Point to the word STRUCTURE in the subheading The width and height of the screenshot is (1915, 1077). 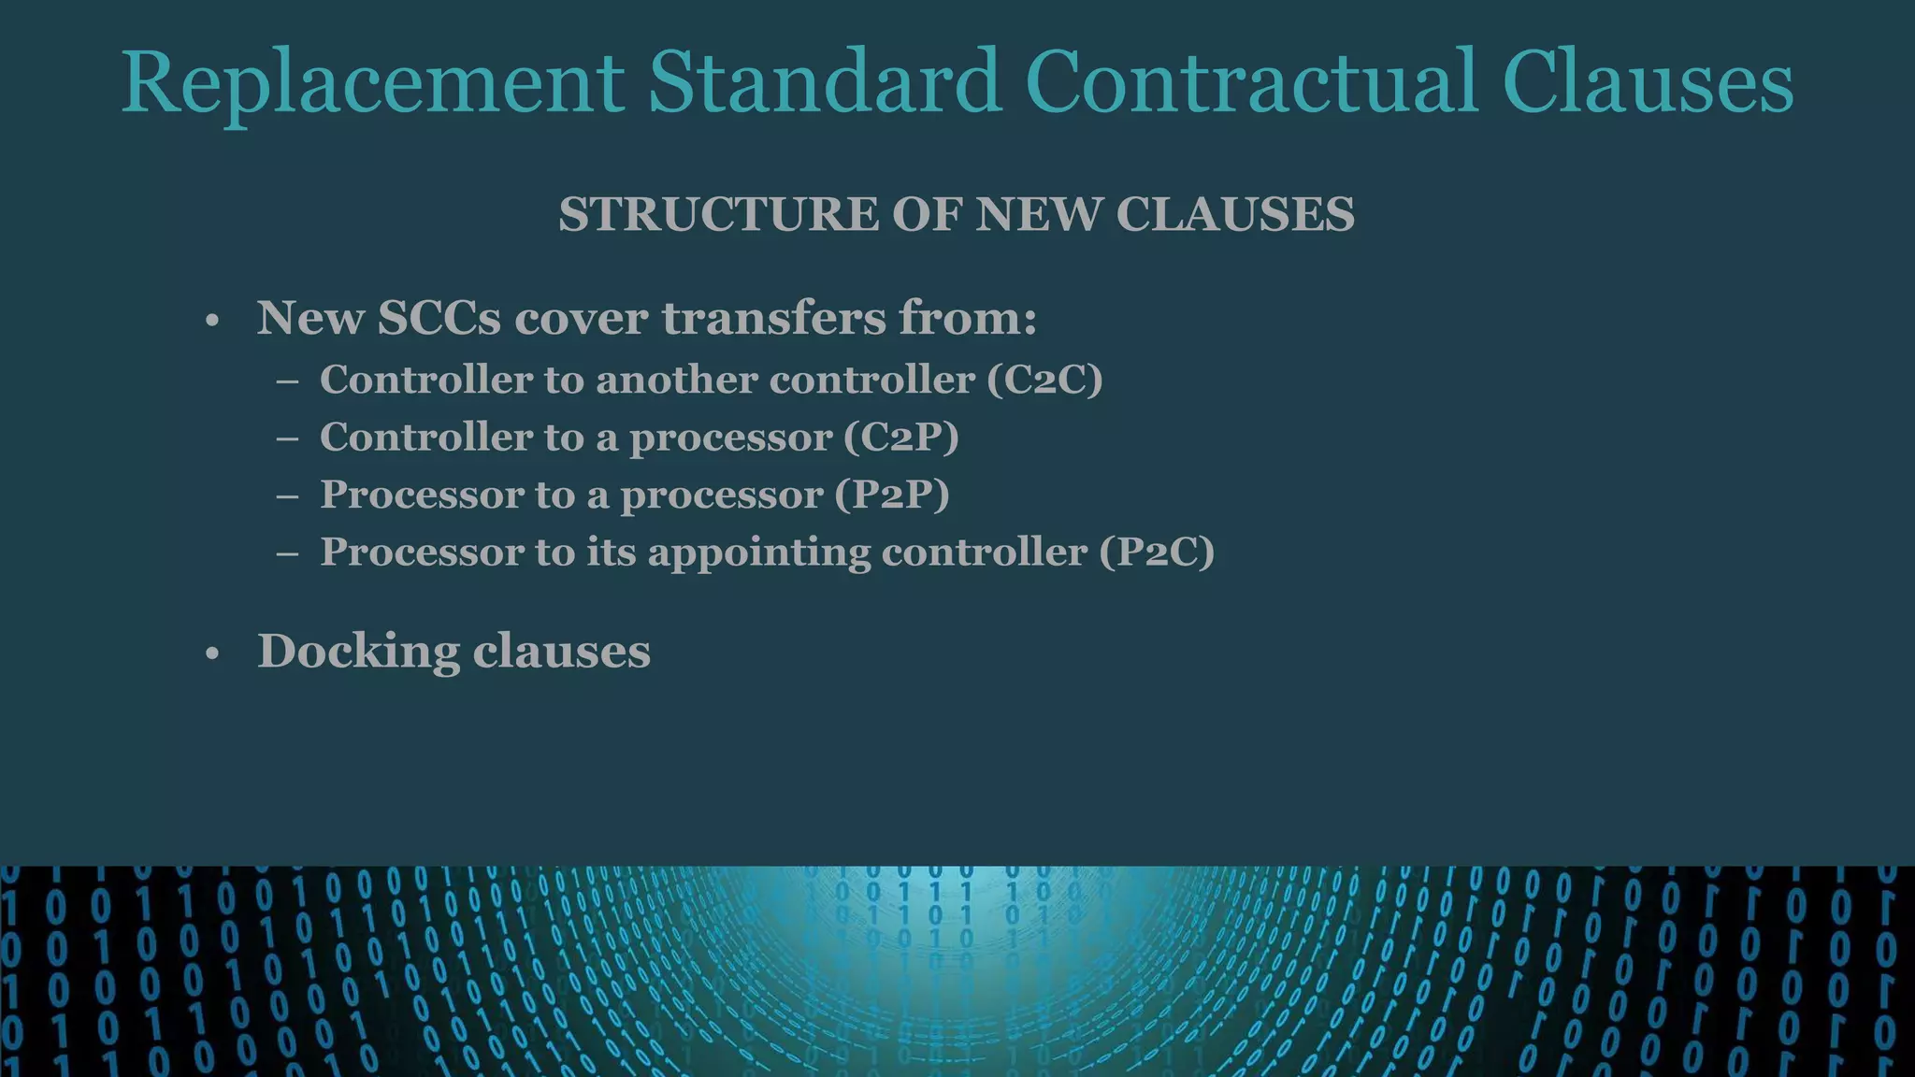(717, 214)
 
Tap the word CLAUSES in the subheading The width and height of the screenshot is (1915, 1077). (1234, 214)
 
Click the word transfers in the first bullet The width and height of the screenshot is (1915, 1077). (774, 318)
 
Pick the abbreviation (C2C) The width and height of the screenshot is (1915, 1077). (1044, 380)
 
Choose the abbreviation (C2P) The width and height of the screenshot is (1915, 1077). (900, 438)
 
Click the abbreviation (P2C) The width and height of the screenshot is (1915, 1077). (1156, 552)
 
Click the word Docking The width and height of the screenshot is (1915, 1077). (358, 652)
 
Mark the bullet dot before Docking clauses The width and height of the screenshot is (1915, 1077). (212, 654)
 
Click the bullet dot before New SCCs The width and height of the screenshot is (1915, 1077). (212, 322)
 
